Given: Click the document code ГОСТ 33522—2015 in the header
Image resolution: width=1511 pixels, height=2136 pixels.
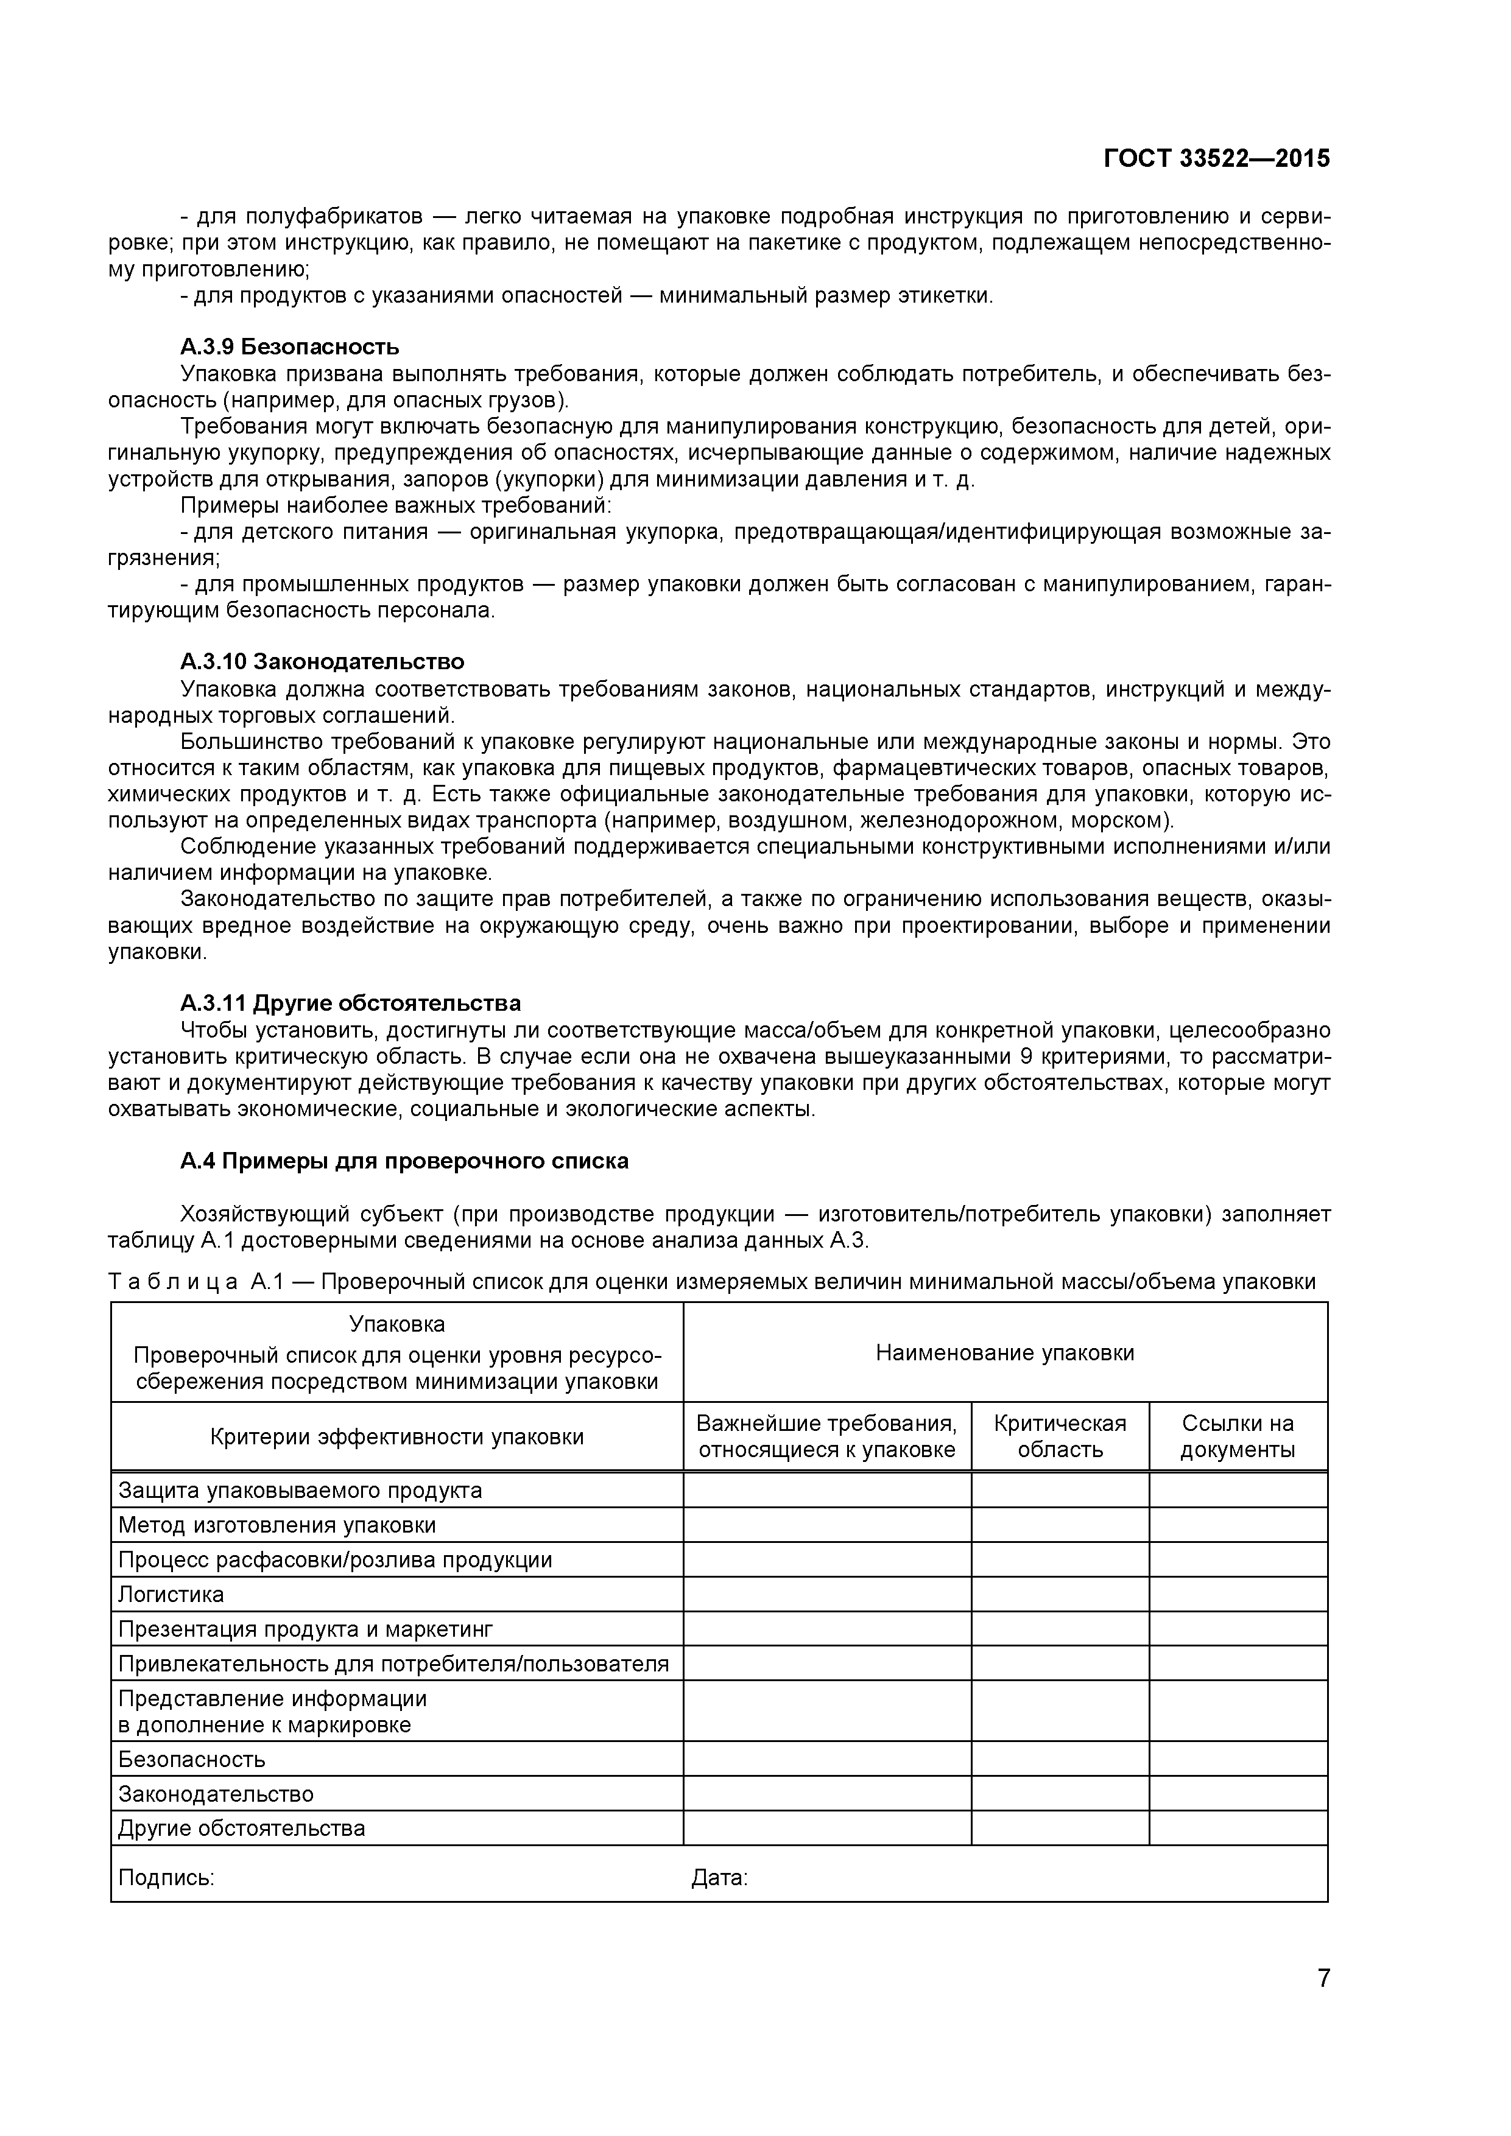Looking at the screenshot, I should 1216,159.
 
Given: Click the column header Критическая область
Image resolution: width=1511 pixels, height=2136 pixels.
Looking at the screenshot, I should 1059,1436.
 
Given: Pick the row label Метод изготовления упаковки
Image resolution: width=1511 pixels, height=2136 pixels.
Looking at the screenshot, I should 276,1525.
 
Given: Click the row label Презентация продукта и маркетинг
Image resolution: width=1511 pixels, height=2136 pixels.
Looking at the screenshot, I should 305,1629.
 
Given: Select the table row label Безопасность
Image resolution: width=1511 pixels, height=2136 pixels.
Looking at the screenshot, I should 192,1759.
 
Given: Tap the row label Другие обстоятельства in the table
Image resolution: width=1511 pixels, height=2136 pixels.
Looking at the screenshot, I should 241,1828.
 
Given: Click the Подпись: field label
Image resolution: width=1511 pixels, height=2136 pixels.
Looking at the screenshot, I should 166,1877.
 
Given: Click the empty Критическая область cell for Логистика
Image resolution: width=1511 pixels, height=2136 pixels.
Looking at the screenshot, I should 1059,1595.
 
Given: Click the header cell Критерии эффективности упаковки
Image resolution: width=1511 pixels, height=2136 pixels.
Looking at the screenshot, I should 396,1436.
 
